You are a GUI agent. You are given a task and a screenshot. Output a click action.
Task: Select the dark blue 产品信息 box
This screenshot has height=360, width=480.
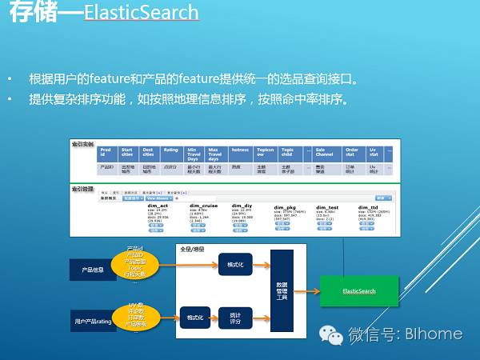coord(93,270)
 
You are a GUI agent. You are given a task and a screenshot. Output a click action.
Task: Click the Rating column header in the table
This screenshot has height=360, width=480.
coord(170,149)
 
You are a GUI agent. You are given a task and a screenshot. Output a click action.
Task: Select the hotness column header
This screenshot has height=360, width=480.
coord(240,149)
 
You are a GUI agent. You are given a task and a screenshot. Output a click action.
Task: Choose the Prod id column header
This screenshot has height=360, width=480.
coord(106,152)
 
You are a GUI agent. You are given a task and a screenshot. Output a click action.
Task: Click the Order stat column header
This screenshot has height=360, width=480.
coord(351,152)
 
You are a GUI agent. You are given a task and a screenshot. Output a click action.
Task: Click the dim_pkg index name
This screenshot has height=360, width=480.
coord(286,206)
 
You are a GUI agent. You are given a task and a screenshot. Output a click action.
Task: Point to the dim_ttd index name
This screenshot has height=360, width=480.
coord(370,206)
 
